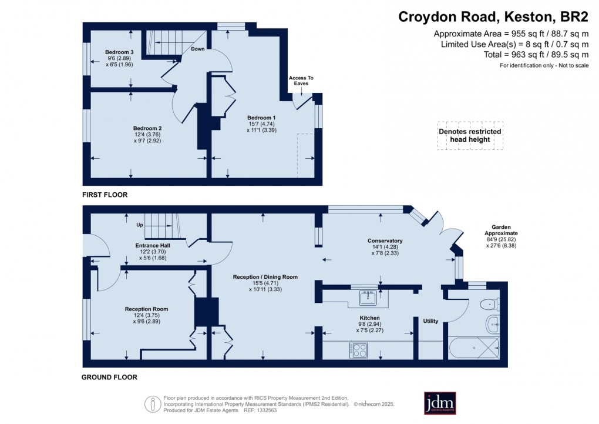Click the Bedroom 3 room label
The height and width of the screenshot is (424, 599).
[119, 53]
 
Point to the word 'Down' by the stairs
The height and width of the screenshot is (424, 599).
[197, 49]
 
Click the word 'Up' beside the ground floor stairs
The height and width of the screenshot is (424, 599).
[140, 225]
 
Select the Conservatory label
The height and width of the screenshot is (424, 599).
[385, 241]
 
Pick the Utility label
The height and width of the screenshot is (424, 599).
[431, 321]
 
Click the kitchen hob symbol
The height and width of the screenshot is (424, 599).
[359, 350]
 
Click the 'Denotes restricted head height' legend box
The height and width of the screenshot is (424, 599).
[470, 136]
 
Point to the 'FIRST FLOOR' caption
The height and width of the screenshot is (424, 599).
[105, 195]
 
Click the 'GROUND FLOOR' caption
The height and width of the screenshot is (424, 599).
[110, 378]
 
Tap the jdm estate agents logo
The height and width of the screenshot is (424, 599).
[440, 403]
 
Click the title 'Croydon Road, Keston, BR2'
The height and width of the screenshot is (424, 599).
[493, 16]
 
